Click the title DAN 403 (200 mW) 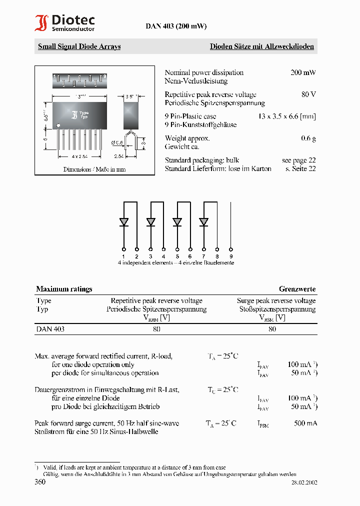point(176,26)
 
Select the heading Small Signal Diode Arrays point(79,46)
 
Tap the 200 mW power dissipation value point(303,72)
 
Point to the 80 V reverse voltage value point(308,94)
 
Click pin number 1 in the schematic point(123,256)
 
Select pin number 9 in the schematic point(230,256)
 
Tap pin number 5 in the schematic point(177,256)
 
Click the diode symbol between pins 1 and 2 point(124,221)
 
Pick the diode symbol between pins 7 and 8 point(203,221)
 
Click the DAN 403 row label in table point(50,329)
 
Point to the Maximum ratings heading point(64,289)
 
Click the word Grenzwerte point(297,289)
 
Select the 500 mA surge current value point(305,423)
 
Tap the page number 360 point(40,482)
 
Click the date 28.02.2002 point(304,482)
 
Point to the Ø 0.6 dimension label point(117,143)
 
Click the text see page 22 point(298,160)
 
